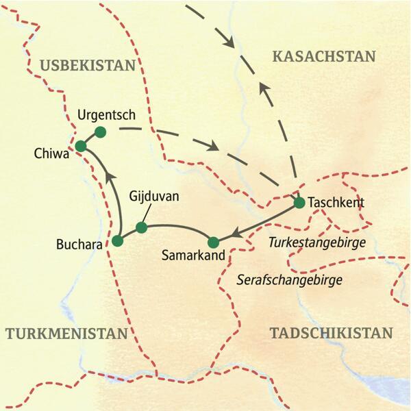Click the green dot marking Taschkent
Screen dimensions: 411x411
tap(299, 203)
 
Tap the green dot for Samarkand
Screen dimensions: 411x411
tap(213, 241)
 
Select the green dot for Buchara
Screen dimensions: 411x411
tap(118, 240)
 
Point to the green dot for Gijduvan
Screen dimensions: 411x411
tap(141, 227)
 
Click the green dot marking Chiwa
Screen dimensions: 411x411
tap(81, 145)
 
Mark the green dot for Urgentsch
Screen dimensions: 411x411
tap(100, 132)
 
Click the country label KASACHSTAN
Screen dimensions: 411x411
tap(324, 57)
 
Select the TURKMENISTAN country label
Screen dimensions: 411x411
tap(66, 334)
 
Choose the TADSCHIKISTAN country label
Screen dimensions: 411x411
tap(332, 334)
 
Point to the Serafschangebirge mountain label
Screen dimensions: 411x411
tap(289, 279)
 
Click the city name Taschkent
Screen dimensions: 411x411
tap(336, 203)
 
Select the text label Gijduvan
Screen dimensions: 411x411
tap(154, 197)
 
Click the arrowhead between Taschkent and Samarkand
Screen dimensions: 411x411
tap(234, 233)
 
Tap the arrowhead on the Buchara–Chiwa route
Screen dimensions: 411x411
tap(109, 180)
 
